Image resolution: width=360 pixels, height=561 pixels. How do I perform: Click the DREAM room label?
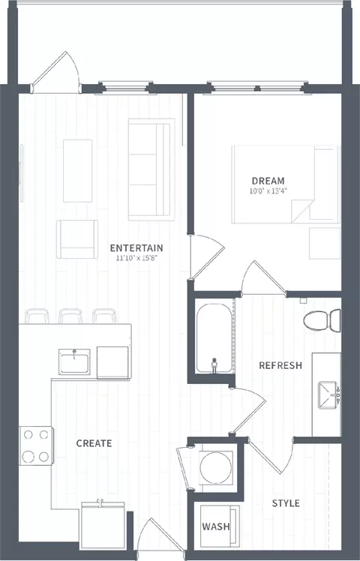[268, 181]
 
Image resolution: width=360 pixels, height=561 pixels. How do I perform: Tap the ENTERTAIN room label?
[136, 247]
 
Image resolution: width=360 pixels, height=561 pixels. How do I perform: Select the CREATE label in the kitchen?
[94, 443]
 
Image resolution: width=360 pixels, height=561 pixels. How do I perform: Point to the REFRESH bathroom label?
[280, 365]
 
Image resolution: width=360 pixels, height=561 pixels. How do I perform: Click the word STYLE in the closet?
[286, 503]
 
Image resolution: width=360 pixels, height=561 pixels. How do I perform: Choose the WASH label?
[216, 526]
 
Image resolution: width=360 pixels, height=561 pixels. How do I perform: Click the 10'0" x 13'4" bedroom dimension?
[268, 190]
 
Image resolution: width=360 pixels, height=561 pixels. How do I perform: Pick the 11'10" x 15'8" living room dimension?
[136, 258]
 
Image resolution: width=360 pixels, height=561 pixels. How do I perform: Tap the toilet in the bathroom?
[322, 320]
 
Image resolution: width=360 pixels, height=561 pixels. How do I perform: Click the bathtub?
[214, 338]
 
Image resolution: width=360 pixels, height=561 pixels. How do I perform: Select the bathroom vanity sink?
[328, 395]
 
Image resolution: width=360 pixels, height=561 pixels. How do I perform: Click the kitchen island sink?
[74, 362]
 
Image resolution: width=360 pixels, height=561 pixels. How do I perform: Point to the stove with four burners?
[36, 445]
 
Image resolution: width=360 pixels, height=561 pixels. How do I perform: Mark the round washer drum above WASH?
[216, 467]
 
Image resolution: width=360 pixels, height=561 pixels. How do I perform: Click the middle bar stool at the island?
[70, 316]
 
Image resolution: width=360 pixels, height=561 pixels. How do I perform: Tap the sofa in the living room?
[151, 169]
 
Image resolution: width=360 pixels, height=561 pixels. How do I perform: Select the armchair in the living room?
[77, 239]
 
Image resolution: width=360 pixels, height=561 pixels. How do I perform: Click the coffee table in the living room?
[78, 171]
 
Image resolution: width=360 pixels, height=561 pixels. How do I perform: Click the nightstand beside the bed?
[325, 243]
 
